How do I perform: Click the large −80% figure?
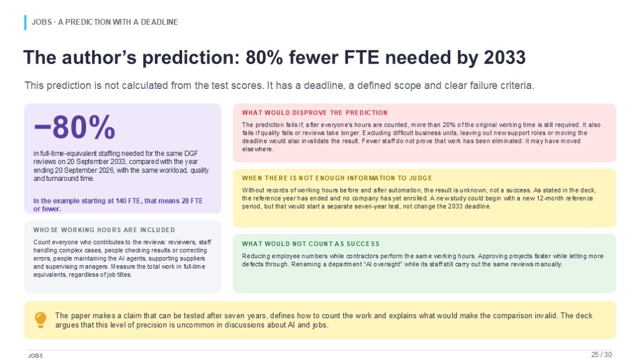pos(74,127)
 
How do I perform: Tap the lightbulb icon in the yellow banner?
pos(40,320)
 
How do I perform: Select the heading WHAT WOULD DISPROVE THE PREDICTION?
pos(315,113)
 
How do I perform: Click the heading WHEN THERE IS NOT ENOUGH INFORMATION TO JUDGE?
pos(337,178)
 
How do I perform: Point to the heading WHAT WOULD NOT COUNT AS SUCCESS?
pos(311,244)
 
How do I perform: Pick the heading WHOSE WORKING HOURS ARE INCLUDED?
pos(104,230)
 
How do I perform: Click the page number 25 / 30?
pos(602,354)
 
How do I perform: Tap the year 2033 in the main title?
pos(504,57)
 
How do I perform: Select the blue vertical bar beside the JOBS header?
pos(25,23)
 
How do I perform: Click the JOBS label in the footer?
pos(35,355)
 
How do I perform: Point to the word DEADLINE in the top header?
pos(159,22)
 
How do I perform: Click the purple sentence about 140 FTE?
pos(118,205)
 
